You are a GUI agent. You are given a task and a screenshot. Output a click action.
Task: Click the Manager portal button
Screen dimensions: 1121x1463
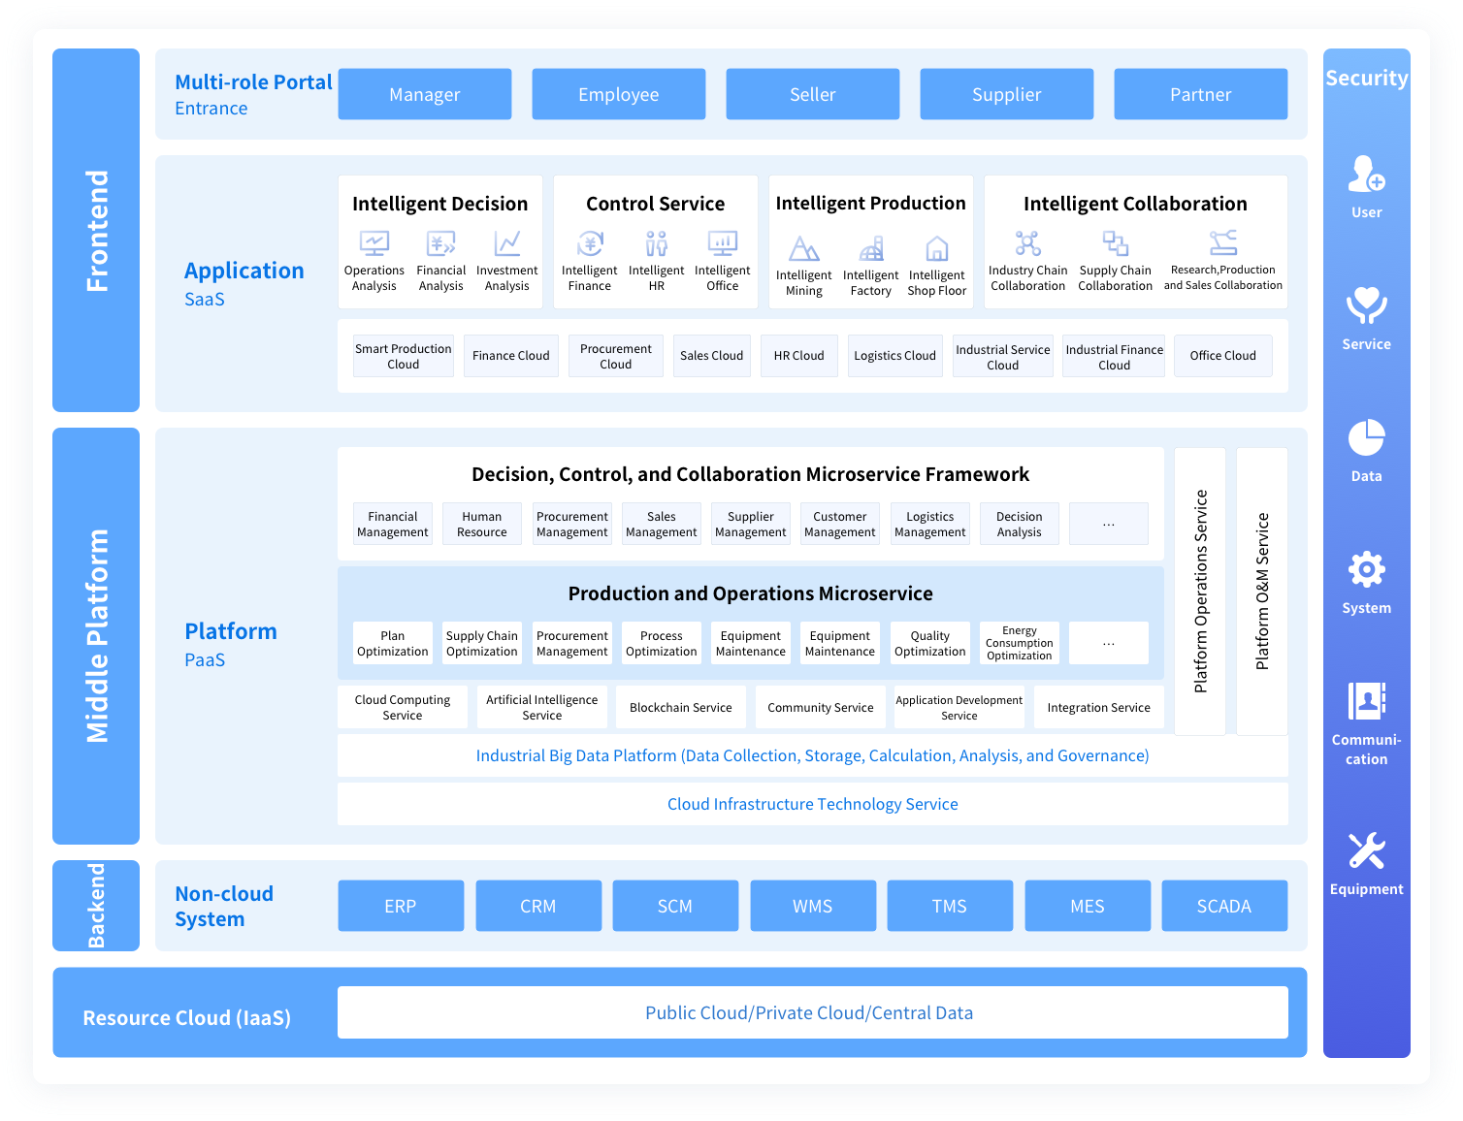[x=424, y=94]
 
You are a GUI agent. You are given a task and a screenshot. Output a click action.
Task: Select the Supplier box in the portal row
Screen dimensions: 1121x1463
[x=1006, y=94]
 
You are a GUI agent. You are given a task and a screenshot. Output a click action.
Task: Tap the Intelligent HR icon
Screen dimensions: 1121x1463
[x=657, y=242]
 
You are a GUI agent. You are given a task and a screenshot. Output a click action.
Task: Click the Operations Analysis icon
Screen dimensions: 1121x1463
[x=374, y=242]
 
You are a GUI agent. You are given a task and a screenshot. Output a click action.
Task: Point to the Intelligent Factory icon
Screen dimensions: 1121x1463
[x=871, y=249]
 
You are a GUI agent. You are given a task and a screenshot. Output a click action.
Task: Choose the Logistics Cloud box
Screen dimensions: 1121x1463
[x=894, y=356]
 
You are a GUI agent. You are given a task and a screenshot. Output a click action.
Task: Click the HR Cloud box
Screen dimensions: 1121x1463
[x=798, y=356]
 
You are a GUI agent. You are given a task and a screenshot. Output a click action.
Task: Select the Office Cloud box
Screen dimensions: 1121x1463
[x=1222, y=356]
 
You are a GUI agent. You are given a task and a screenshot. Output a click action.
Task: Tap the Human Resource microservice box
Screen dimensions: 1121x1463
[x=482, y=524]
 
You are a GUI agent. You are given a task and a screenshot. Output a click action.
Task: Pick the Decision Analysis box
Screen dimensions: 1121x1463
[x=1019, y=524]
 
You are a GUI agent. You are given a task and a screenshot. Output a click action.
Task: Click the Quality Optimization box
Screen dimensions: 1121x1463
[x=929, y=643]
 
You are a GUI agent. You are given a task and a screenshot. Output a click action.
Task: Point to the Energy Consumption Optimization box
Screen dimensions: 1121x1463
[x=1019, y=643]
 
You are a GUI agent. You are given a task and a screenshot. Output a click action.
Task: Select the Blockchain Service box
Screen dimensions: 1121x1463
[x=680, y=707]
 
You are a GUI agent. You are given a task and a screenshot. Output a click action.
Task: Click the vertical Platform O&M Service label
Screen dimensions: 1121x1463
[x=1262, y=591]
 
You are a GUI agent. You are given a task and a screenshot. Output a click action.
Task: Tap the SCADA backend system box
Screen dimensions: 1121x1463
[x=1223, y=906]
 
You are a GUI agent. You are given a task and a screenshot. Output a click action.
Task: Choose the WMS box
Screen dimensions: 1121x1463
[x=812, y=906]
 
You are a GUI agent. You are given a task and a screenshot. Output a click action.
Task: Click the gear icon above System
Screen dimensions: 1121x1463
[x=1366, y=569]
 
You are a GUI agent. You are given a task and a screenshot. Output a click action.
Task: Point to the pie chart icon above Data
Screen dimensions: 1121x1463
[x=1366, y=437]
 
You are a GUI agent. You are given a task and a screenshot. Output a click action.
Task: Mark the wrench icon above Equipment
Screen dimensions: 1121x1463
[x=1366, y=850]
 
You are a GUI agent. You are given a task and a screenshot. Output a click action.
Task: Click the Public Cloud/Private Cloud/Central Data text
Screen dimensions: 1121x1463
[x=809, y=1012]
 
